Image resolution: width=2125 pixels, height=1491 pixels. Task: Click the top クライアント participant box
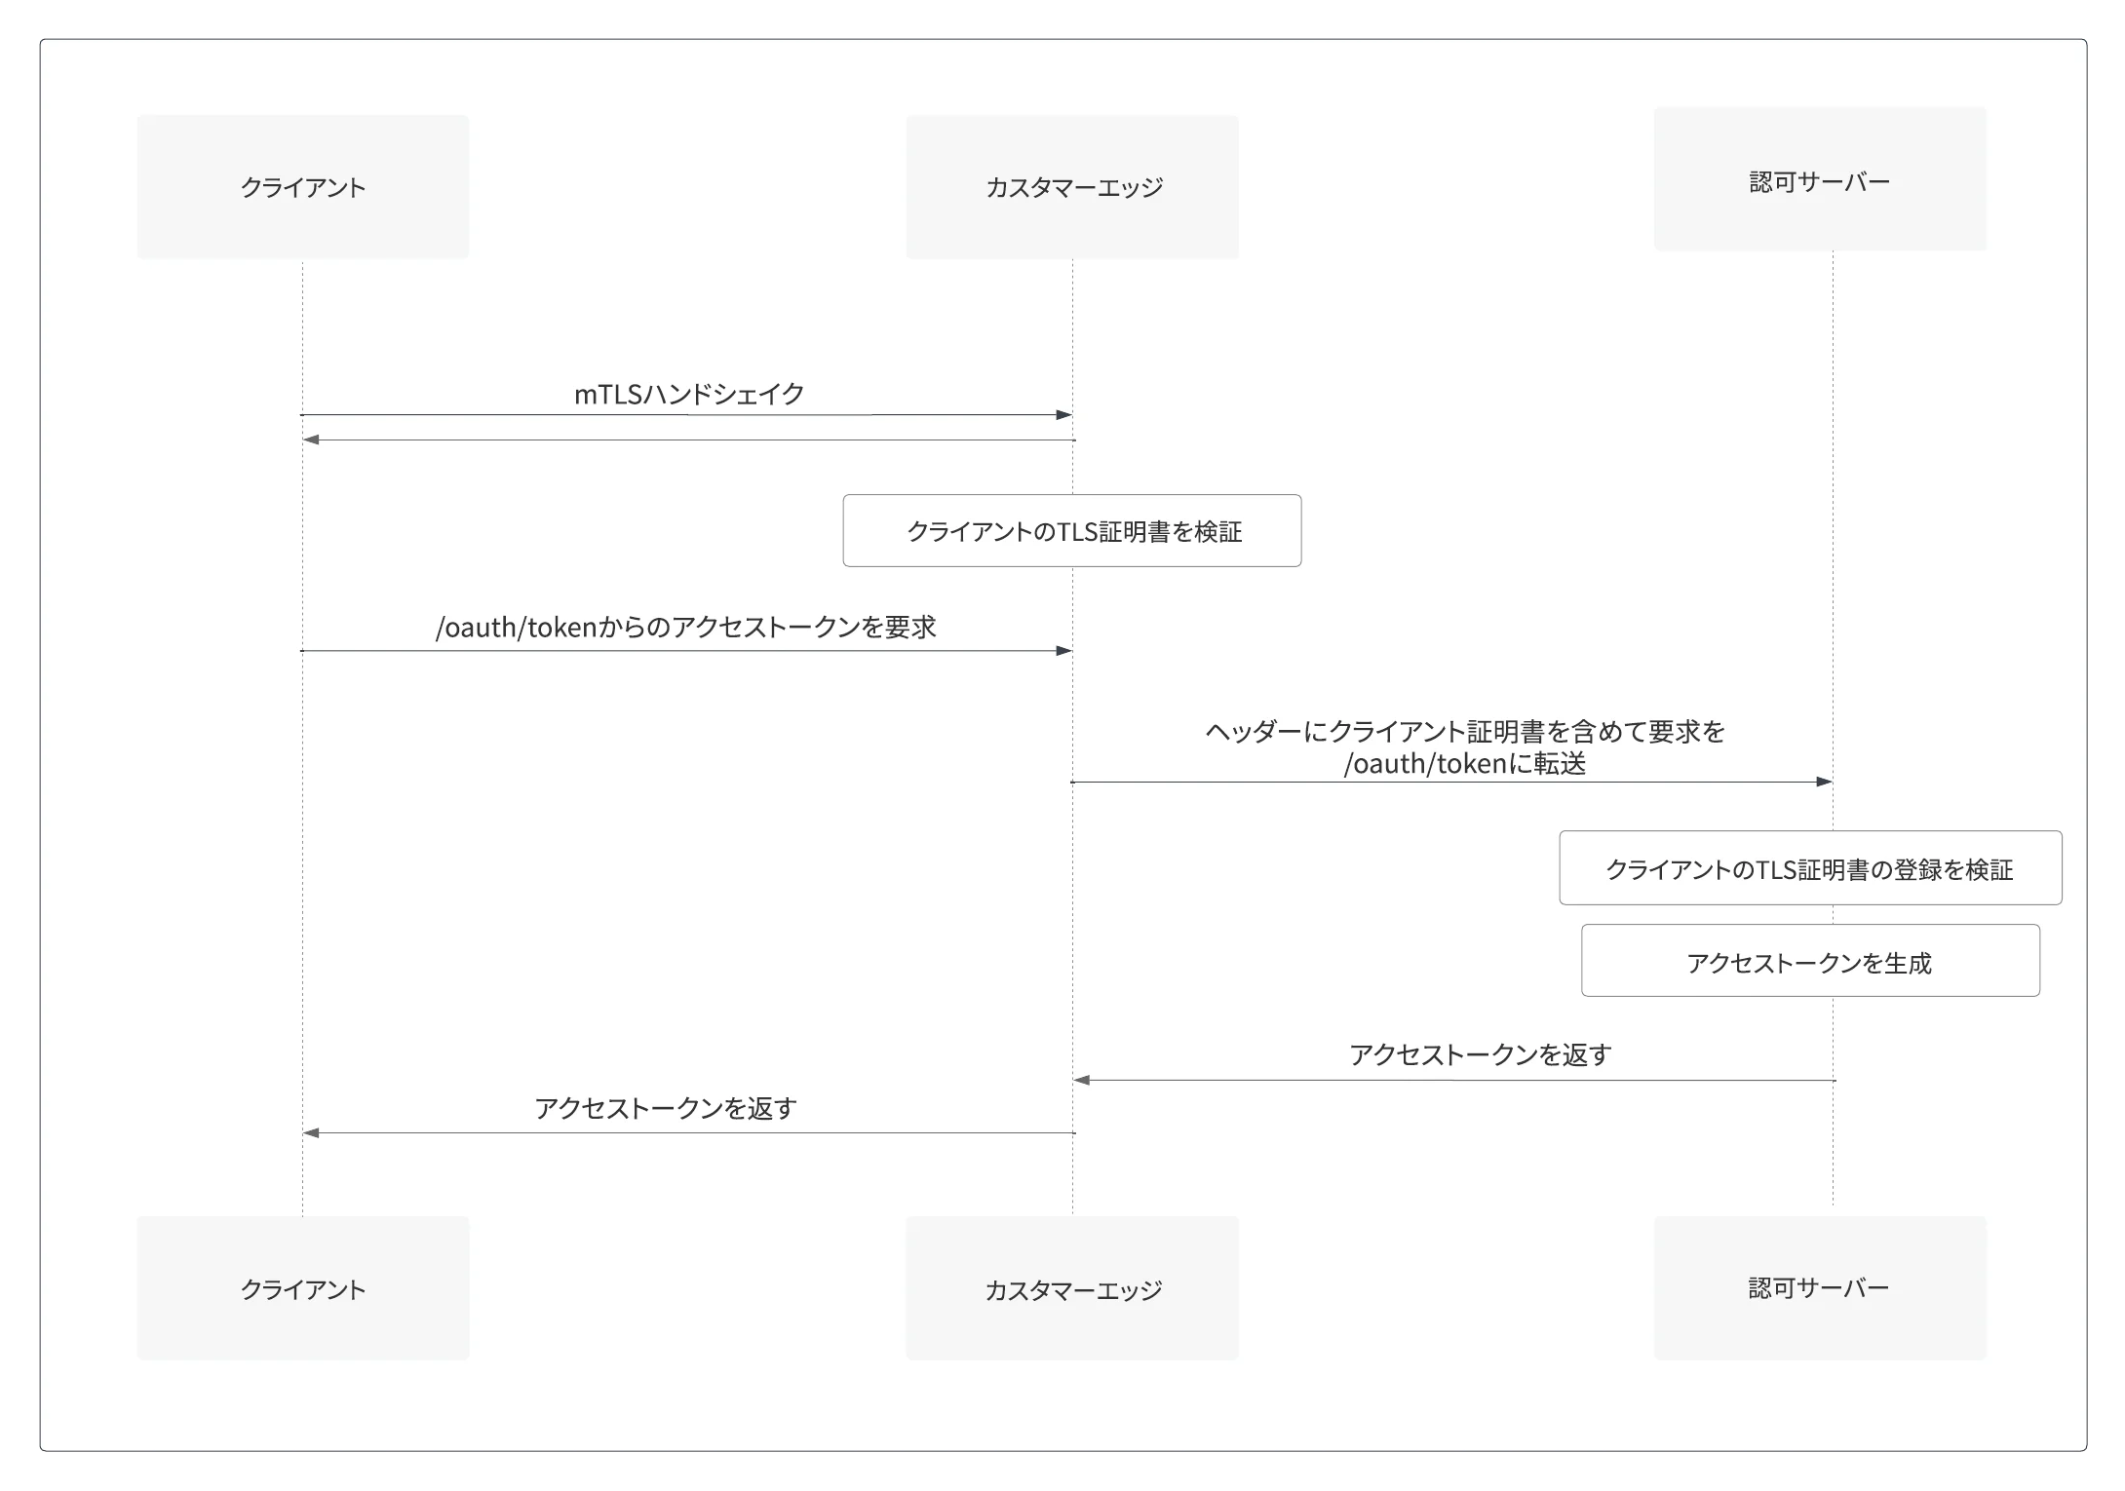click(x=303, y=187)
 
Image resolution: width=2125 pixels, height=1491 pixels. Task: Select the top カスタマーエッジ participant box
click(x=1072, y=187)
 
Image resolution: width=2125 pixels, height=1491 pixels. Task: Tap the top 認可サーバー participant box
click(x=1820, y=179)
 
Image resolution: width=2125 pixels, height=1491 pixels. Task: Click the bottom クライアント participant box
click(x=303, y=1288)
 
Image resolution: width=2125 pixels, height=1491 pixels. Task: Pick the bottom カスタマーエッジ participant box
click(x=1072, y=1288)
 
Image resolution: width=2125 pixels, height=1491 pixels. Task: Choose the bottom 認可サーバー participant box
click(x=1820, y=1288)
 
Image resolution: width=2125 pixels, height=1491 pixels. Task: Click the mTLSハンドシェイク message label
click(x=689, y=394)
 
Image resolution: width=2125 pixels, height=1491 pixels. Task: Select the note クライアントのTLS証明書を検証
click(x=1072, y=531)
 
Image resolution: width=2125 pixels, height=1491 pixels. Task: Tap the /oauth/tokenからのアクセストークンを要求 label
click(x=686, y=628)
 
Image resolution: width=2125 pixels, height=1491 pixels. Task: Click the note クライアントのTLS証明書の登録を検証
click(x=1810, y=868)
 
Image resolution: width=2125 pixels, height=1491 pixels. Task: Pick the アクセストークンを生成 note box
click(x=1810, y=961)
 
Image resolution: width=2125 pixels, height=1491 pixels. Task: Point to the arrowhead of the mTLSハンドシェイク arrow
click(x=1064, y=415)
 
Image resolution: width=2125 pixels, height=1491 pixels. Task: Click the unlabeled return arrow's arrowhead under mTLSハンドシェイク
click(x=311, y=440)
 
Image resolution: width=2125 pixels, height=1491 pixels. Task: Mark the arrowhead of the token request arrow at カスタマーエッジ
click(x=1064, y=651)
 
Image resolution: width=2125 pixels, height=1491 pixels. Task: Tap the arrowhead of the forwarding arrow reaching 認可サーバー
click(x=1825, y=782)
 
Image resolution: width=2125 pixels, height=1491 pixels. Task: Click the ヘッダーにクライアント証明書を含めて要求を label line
click(x=1465, y=732)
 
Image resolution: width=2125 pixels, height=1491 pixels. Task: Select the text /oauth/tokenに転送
click(x=1465, y=764)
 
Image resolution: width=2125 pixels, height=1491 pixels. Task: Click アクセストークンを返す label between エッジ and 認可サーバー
click(x=1480, y=1054)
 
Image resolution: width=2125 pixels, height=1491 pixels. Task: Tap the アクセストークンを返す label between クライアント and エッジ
click(x=666, y=1108)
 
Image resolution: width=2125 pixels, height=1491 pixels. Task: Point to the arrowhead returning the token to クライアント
click(x=311, y=1133)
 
